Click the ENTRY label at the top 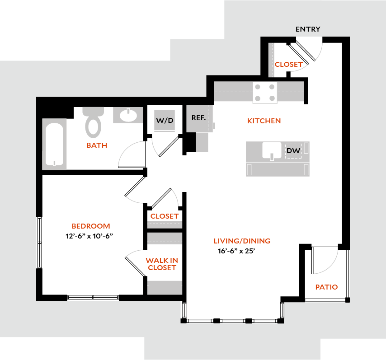(308, 29)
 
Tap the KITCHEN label (264, 121)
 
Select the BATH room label (97, 145)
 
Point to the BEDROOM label (91, 226)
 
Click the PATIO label (326, 287)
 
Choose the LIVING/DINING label (242, 241)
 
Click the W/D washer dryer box (165, 121)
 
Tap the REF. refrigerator (199, 118)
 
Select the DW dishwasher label (293, 151)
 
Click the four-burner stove (265, 93)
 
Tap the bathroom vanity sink (128, 115)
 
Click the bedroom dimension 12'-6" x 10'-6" (92, 236)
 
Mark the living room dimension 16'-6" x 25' (237, 252)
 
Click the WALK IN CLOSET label (161, 264)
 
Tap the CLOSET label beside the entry (288, 65)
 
